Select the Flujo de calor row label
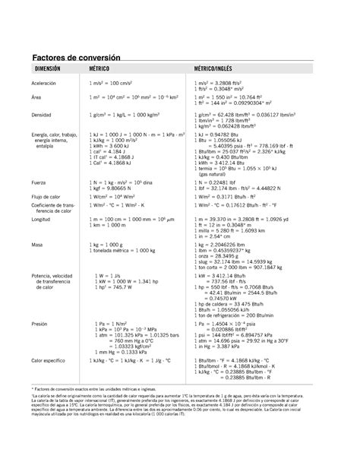point(47,197)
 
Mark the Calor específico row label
point(50,360)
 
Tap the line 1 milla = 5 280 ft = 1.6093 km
point(236,230)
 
